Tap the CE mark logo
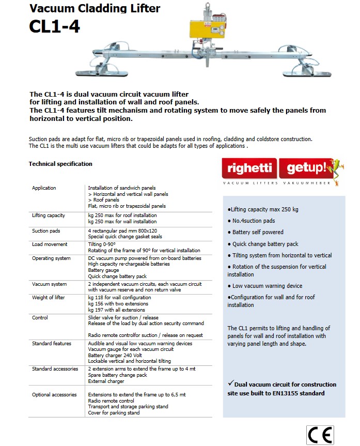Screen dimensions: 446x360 pos(320,435)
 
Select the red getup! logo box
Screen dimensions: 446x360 pos(304,168)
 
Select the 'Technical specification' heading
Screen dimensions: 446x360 pos(60,164)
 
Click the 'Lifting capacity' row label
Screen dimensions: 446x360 pos(48,215)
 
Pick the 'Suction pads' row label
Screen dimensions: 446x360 pos(46,230)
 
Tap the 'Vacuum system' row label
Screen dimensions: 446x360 pos(49,284)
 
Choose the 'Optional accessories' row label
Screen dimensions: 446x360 pos(54,395)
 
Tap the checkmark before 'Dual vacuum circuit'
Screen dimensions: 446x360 pos(230,383)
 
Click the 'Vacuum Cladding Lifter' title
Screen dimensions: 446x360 pos(95,8)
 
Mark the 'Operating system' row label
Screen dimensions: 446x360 pos(51,258)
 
